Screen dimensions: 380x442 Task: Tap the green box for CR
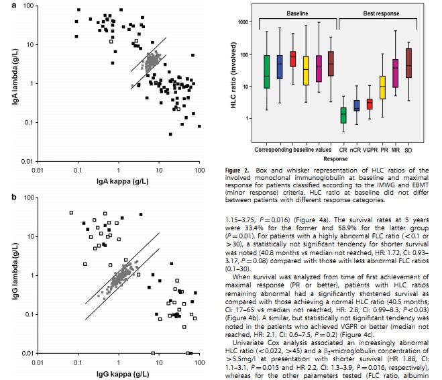click(x=343, y=115)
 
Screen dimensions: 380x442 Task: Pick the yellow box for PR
click(x=382, y=87)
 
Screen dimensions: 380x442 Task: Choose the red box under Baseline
click(x=292, y=58)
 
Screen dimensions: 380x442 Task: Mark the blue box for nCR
click(x=357, y=105)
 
